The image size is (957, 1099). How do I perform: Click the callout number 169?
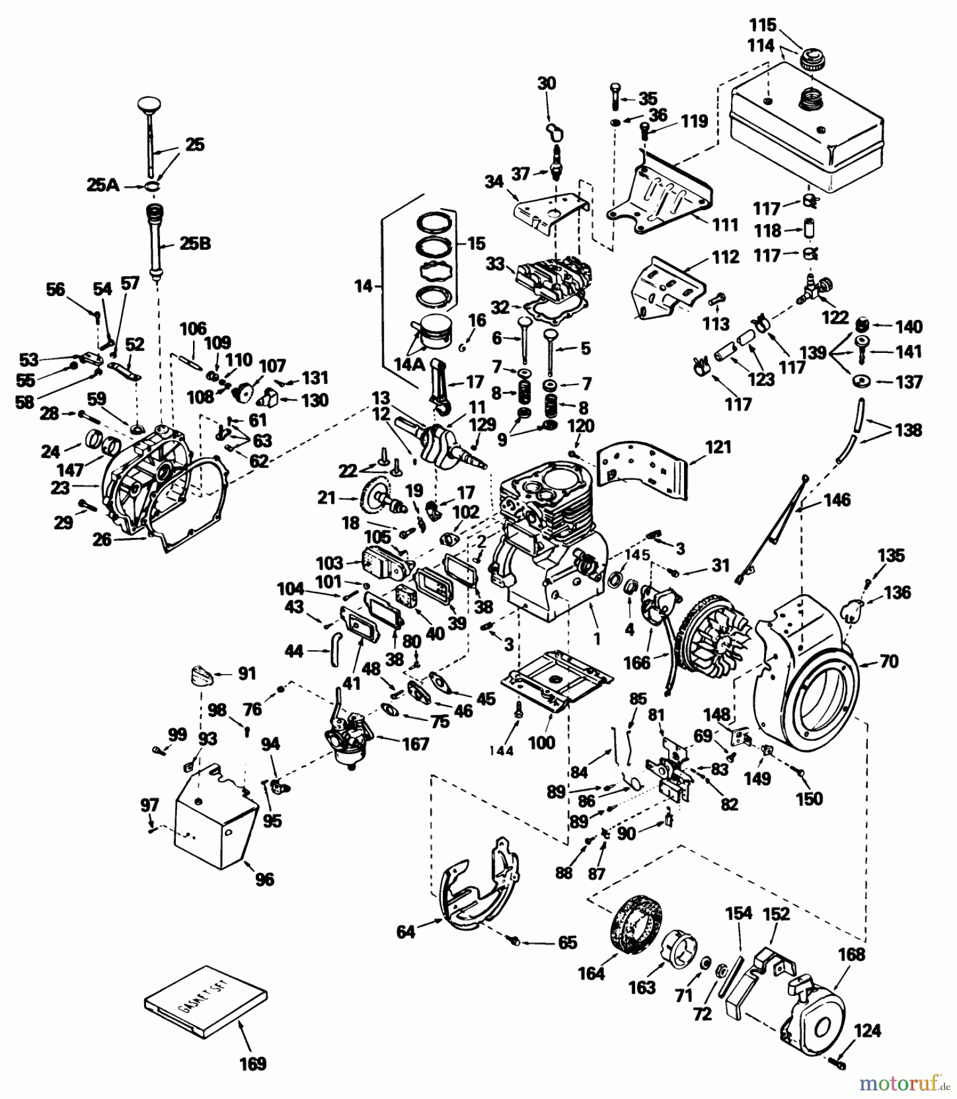tap(253, 1063)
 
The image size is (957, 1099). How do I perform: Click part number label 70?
tap(889, 661)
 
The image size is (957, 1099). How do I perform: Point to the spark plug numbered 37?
tap(556, 164)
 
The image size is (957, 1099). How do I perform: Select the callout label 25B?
tap(195, 244)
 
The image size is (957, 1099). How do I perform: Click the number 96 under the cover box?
tap(265, 879)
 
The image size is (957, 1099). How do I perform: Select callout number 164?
tap(591, 973)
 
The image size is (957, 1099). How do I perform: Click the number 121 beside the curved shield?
tap(718, 447)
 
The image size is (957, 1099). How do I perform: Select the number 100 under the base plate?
tap(541, 742)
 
